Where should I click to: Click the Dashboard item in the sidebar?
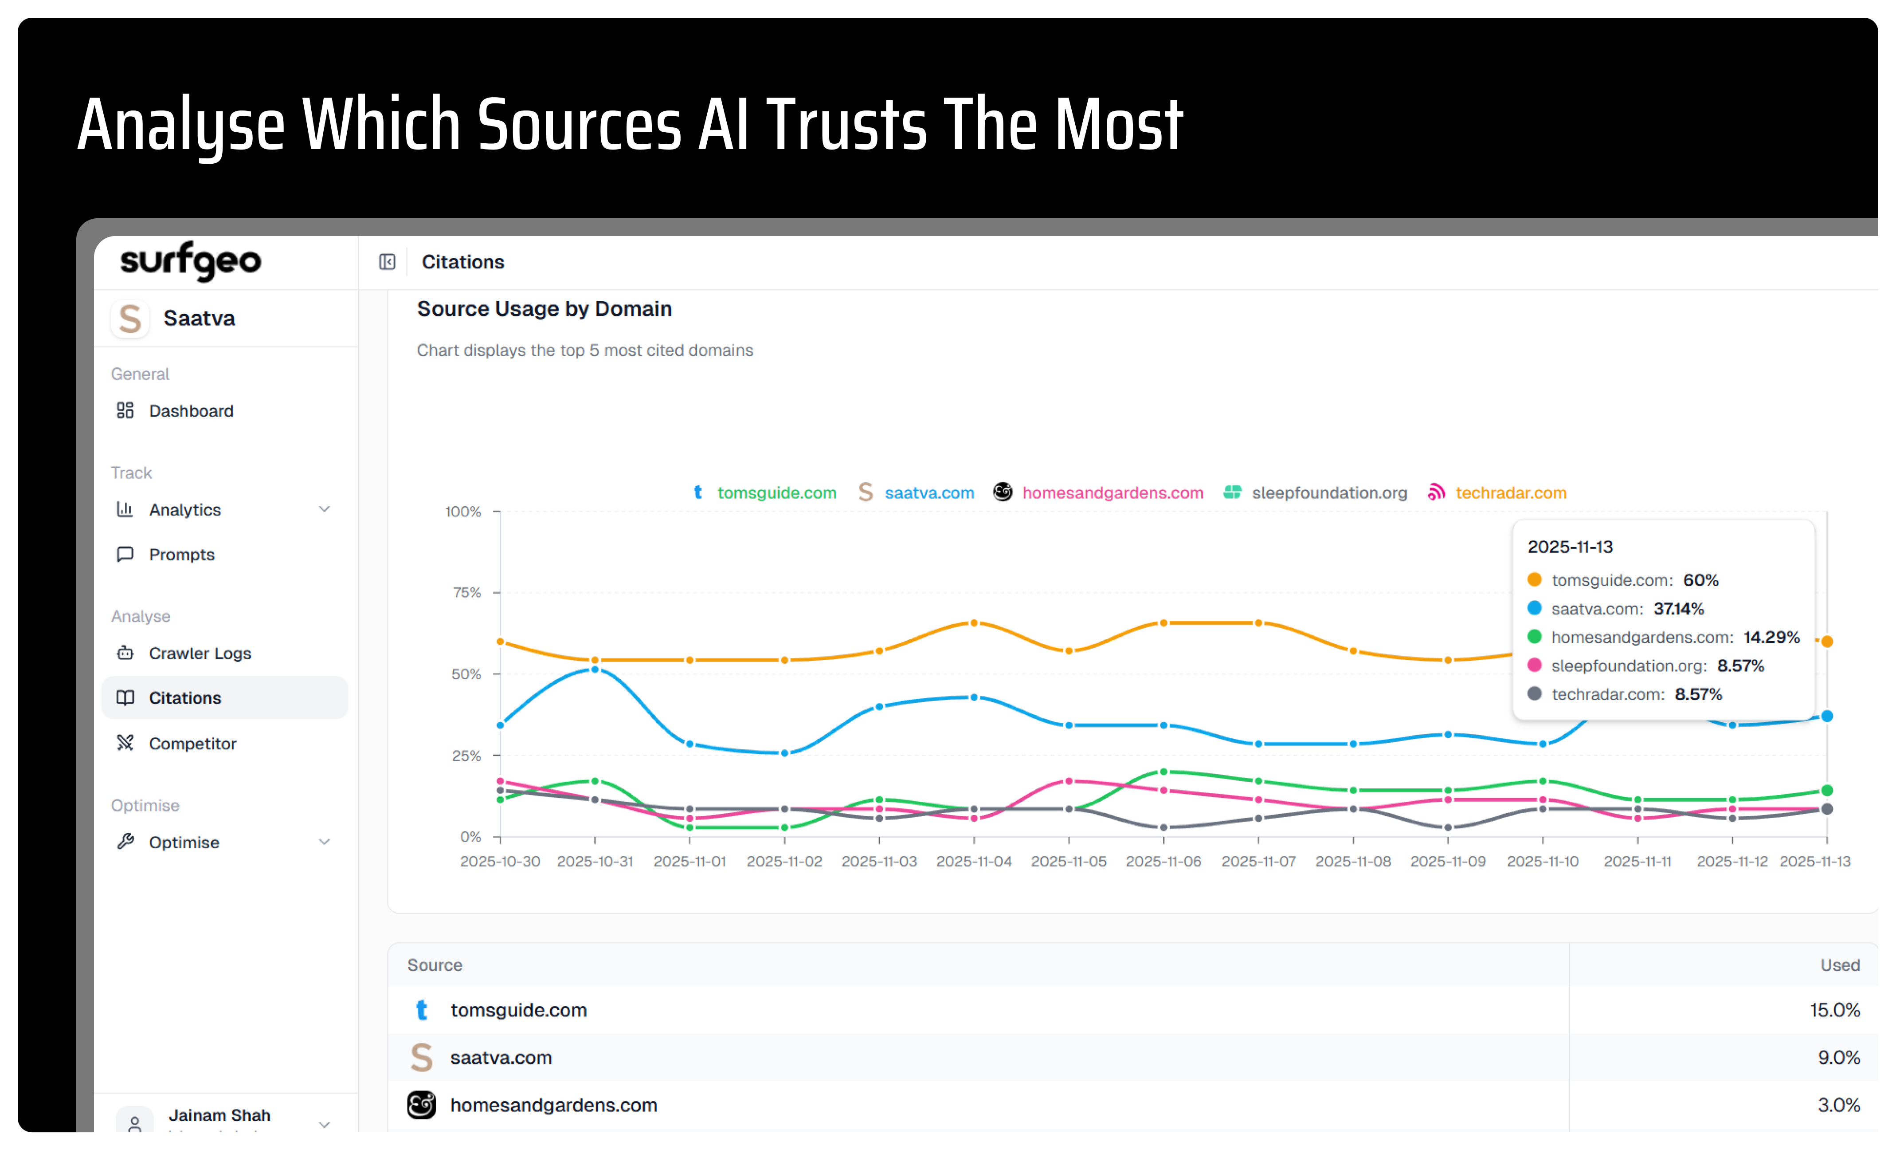tap(190, 411)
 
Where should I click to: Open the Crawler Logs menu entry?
tap(199, 654)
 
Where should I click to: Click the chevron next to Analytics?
tap(325, 510)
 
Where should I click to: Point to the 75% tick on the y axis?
tap(466, 593)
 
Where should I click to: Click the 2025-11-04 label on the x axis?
tap(973, 861)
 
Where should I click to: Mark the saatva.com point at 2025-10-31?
tap(595, 670)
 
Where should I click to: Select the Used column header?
tap(1839, 965)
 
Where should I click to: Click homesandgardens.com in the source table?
tap(553, 1105)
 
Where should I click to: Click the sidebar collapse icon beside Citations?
tap(387, 263)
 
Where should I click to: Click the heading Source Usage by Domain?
tap(544, 309)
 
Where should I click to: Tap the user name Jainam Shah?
tap(219, 1115)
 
